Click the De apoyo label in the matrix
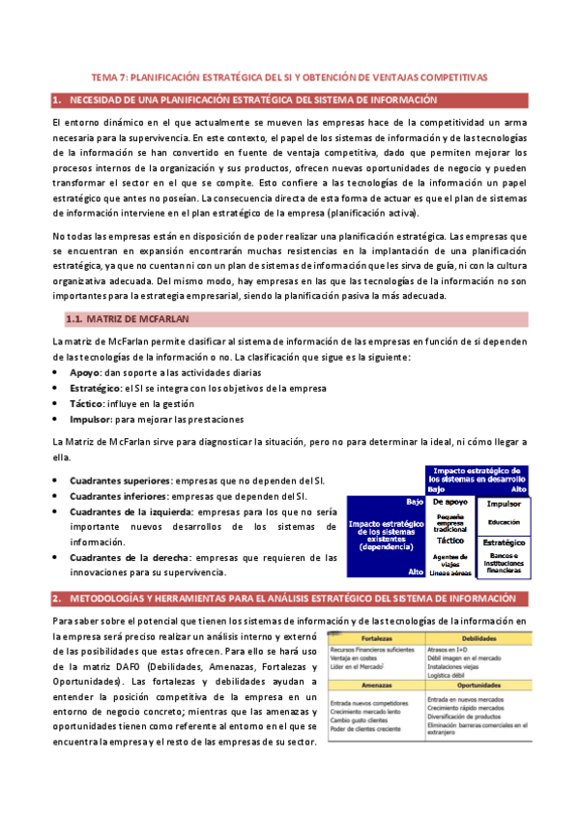450,503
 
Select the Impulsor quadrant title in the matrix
504,505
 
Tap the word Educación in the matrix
504,522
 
